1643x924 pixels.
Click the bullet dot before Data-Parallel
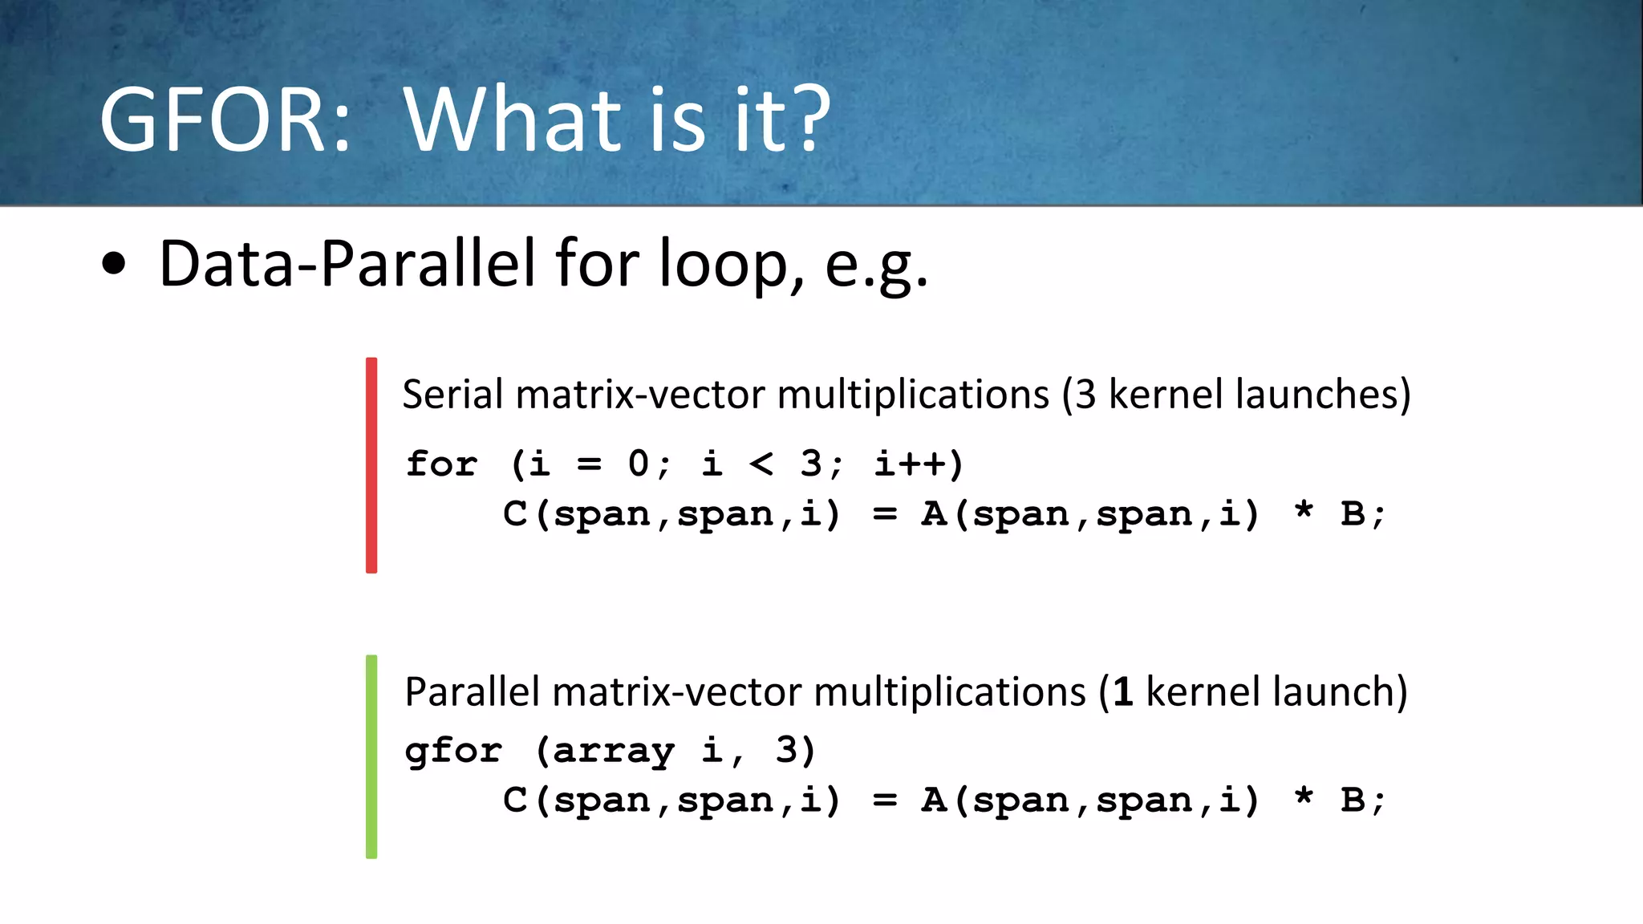click(114, 264)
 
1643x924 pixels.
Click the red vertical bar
click(371, 465)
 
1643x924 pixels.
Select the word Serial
click(453, 395)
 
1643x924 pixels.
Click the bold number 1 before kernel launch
click(1123, 692)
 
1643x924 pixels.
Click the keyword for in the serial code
click(441, 464)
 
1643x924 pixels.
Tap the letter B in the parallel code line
click(1353, 800)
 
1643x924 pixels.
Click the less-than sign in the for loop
click(761, 464)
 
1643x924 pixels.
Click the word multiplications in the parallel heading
click(950, 692)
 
